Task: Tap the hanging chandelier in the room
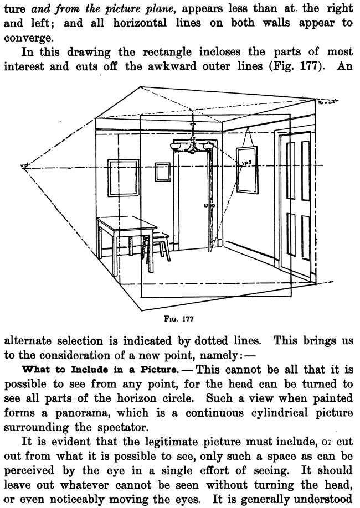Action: click(x=192, y=145)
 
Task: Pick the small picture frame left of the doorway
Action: click(x=162, y=172)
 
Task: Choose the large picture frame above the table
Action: click(x=122, y=177)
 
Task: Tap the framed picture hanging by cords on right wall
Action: click(x=248, y=169)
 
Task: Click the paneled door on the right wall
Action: click(x=297, y=205)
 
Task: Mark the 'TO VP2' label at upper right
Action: click(x=332, y=103)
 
